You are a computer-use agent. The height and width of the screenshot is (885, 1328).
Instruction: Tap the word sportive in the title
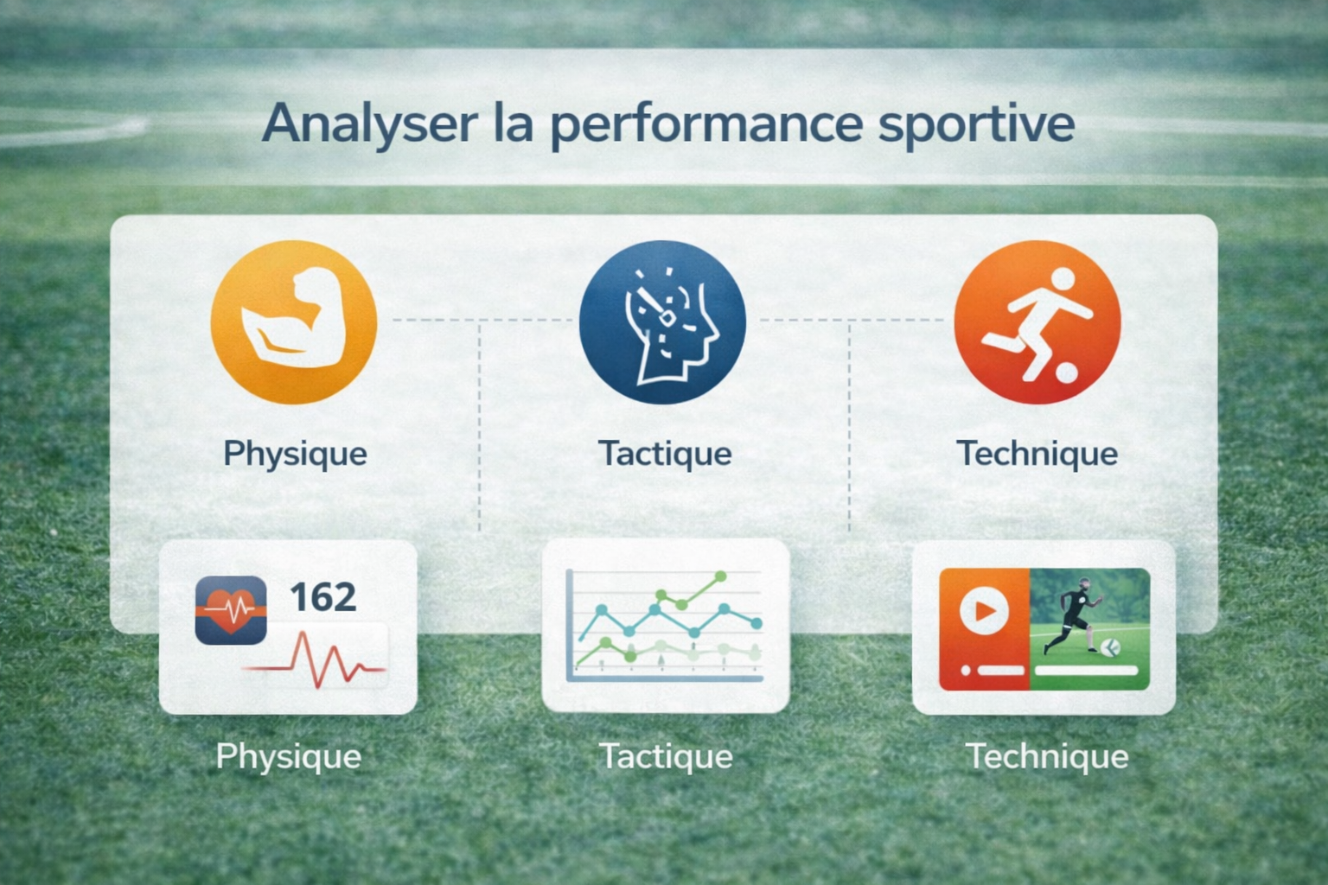[976, 125]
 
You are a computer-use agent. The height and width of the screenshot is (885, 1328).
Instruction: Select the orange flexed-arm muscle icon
[294, 322]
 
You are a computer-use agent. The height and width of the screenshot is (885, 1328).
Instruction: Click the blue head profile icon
[662, 322]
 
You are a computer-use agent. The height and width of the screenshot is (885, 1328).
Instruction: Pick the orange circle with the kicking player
[1037, 322]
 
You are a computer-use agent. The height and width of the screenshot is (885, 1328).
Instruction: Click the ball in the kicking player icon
[1067, 372]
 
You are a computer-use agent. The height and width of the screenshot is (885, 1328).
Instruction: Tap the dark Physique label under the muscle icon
[295, 455]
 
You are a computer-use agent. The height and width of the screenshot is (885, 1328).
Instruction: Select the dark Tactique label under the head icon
[665, 455]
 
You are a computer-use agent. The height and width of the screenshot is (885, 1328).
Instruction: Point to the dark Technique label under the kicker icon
[1037, 454]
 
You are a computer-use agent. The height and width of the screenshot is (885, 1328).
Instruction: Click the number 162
[323, 597]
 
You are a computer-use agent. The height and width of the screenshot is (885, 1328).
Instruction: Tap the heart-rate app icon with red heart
[231, 610]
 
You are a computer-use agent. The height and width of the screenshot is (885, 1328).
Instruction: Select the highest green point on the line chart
[721, 576]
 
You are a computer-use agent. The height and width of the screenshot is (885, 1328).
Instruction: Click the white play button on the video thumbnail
[984, 610]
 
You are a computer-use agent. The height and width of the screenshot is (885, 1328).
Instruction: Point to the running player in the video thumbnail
[1073, 615]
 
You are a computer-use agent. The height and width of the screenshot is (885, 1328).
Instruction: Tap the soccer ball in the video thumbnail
[1110, 647]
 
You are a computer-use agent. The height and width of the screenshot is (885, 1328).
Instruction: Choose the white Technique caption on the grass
[1047, 756]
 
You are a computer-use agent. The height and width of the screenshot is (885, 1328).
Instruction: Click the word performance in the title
[706, 125]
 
